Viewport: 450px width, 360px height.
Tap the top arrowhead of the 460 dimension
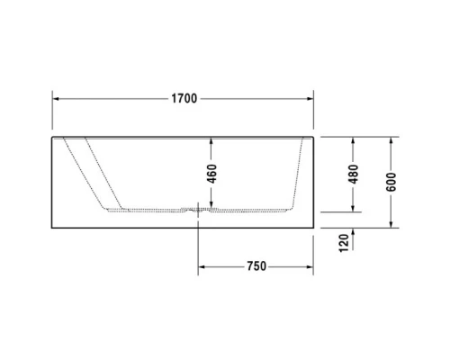coord(211,141)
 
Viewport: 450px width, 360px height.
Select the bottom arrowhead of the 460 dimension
coord(211,207)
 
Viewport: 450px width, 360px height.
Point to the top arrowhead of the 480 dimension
coord(353,141)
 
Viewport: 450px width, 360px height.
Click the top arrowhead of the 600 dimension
coord(392,141)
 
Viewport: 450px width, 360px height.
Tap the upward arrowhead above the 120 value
coord(353,231)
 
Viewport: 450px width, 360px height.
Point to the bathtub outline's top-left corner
coord(51,137)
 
